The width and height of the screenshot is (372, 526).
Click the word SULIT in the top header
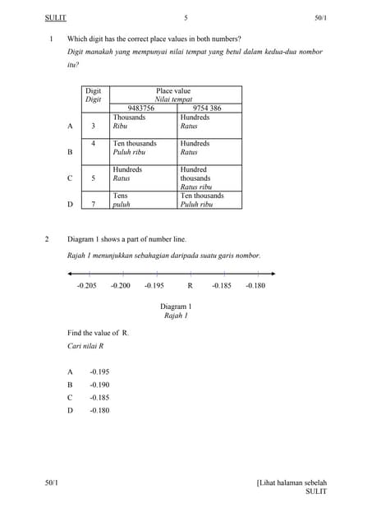(56, 17)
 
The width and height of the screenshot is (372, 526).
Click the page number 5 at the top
(186, 17)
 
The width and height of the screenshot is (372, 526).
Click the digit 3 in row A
(93, 126)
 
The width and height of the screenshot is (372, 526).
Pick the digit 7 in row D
(93, 204)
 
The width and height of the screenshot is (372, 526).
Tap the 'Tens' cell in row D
(120, 196)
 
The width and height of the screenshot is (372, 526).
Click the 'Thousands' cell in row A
(129, 118)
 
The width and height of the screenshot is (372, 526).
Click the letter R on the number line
(190, 285)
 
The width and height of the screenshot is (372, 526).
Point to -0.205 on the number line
(86, 285)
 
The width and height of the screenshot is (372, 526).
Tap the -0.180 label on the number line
(255, 285)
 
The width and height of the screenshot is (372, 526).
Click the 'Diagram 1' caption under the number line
(175, 307)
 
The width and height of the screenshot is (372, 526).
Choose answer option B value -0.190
(99, 385)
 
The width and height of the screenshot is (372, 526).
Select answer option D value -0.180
(99, 410)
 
